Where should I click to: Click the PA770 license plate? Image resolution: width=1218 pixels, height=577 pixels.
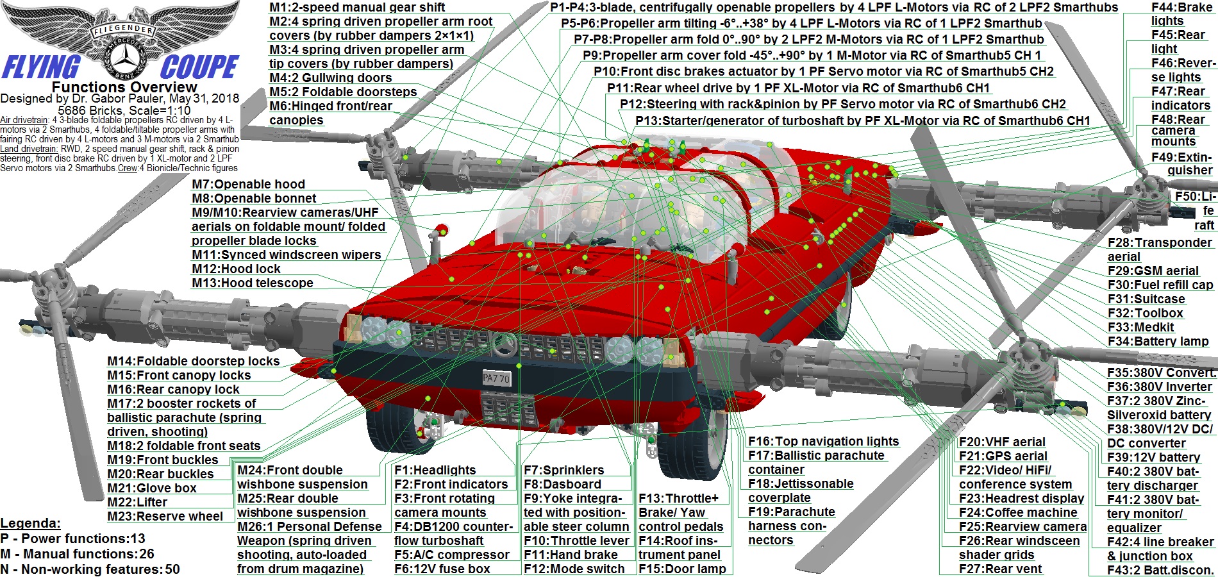coord(496,378)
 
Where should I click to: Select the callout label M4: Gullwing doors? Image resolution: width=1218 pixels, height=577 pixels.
coord(330,78)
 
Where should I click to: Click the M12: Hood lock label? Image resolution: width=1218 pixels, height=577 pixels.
coord(236,269)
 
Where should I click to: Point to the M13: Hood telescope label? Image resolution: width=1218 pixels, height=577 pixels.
coord(253,283)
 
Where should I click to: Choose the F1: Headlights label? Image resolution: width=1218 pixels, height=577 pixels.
coord(435,471)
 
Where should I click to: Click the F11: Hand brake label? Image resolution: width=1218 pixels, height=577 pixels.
coord(571,555)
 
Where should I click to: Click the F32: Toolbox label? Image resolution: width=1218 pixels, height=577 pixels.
coord(1146,314)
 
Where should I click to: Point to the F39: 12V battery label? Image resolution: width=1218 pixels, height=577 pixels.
coord(1154,458)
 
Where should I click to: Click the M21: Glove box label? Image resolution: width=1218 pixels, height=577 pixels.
coord(152,489)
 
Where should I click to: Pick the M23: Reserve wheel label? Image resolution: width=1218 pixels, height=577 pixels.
coord(165,517)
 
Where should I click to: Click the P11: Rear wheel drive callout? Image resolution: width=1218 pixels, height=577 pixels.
coord(799,88)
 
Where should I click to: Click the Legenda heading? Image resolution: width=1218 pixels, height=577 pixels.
coord(30,523)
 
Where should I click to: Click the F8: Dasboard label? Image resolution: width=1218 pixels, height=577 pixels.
coord(562,485)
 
